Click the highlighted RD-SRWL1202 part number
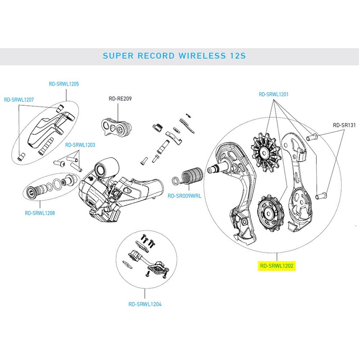(276, 266)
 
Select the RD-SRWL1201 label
(273, 94)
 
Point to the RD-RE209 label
(120, 99)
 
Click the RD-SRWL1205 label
(64, 84)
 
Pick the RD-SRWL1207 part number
(19, 100)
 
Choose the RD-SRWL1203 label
(81, 145)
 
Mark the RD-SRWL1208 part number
(40, 213)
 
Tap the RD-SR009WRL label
(184, 196)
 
